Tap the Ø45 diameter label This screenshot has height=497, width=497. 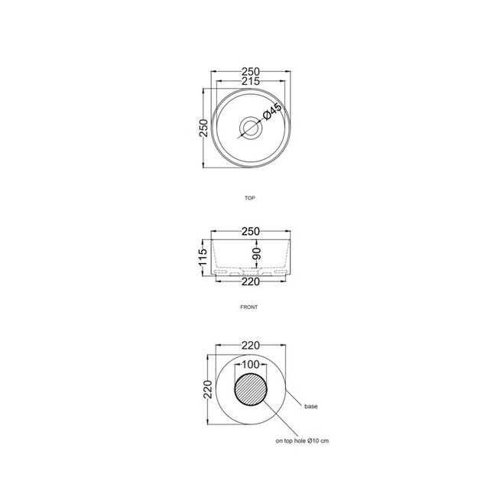tap(273, 112)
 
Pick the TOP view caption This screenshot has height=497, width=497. tap(249, 197)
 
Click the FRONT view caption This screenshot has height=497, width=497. tap(249, 306)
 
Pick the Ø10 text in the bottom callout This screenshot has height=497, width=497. tap(317, 441)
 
